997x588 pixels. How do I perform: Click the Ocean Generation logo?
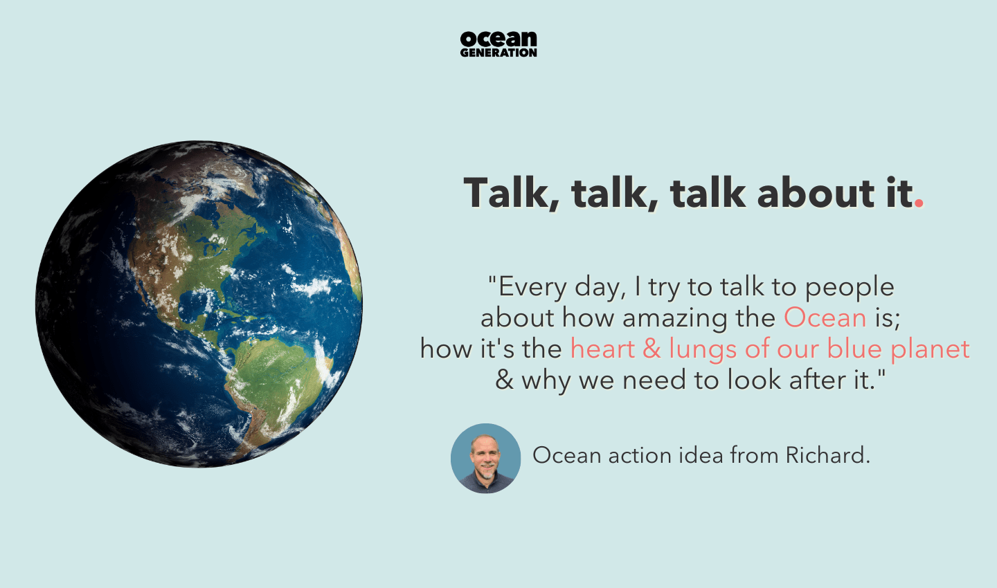(498, 44)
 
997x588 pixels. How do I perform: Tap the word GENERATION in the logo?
(498, 53)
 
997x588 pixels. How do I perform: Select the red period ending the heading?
(919, 203)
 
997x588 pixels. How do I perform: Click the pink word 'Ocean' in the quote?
(825, 318)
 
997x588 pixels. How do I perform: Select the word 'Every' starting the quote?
(532, 286)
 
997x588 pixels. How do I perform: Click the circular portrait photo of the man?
(485, 458)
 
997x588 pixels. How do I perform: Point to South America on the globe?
(277, 380)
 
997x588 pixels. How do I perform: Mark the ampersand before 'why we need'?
(504, 380)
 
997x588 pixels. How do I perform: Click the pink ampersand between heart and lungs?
(652, 349)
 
